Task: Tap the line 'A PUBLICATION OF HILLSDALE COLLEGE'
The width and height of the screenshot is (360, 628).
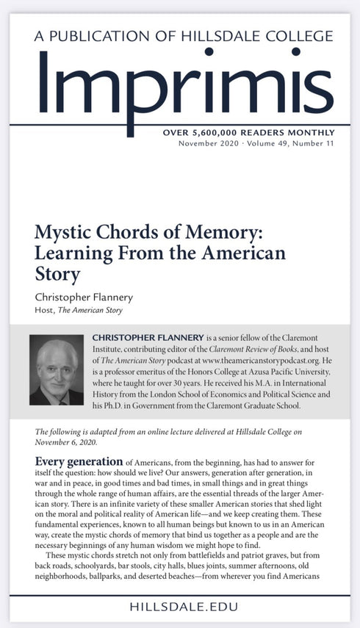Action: (x=179, y=36)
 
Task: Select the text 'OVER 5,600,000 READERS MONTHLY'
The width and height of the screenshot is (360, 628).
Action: (x=248, y=133)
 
